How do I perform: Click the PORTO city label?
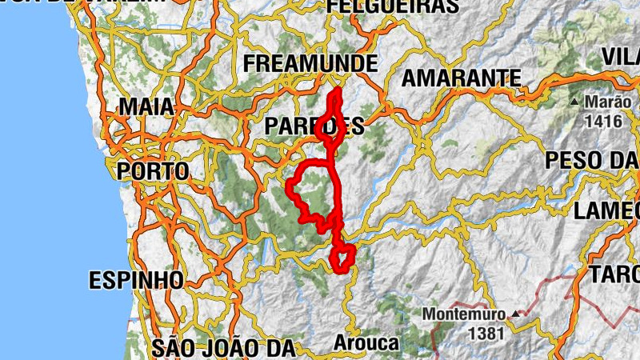(x=153, y=170)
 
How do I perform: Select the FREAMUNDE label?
(x=310, y=63)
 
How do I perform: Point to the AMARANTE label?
(x=461, y=78)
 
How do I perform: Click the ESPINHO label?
(x=136, y=281)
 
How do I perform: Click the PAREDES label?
(x=314, y=126)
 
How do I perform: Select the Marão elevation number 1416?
(x=602, y=121)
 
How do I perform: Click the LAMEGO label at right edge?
(x=607, y=210)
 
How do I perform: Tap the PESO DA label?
(x=592, y=160)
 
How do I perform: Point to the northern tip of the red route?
(x=338, y=91)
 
